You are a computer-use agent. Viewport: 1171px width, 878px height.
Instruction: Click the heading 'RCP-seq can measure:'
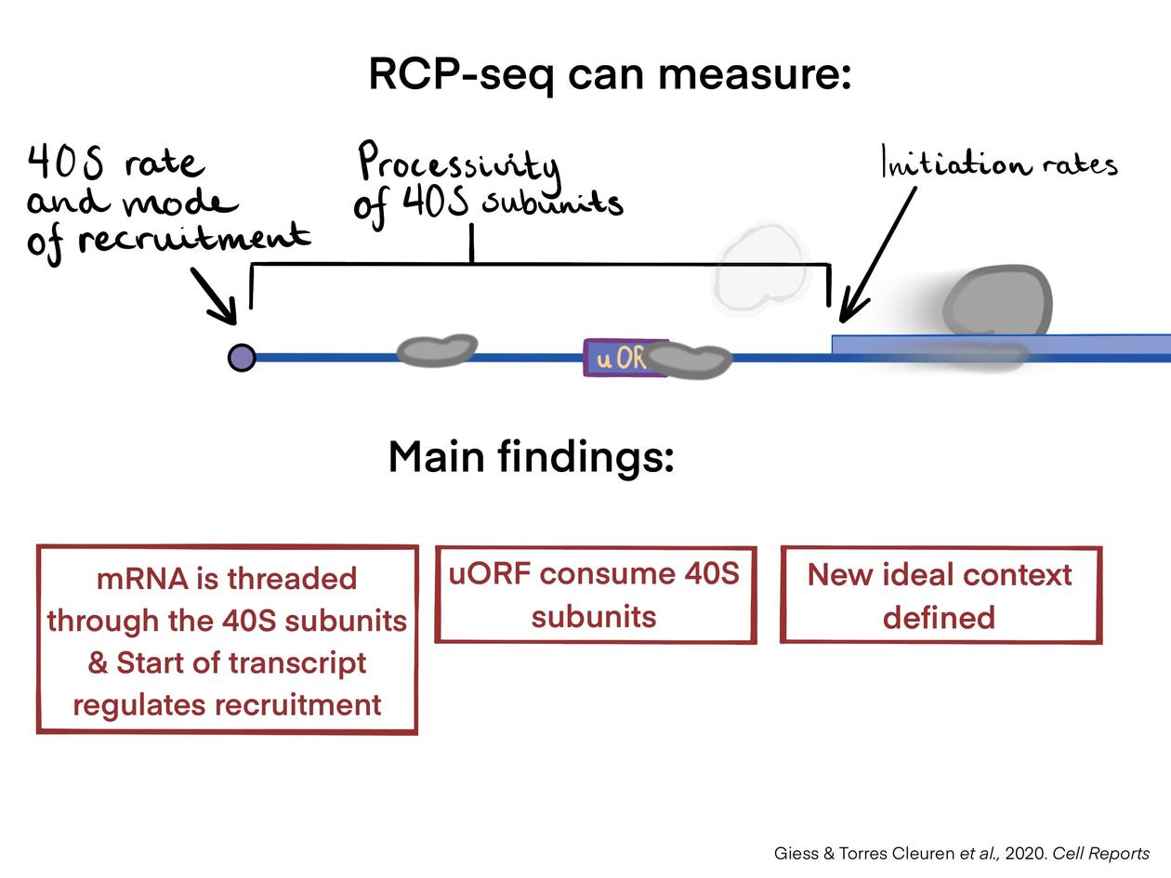point(610,73)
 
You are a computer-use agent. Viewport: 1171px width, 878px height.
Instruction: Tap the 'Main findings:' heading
point(531,456)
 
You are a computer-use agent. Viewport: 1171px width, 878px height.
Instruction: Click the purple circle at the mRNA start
point(242,357)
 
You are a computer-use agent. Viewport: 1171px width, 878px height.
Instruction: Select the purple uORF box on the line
point(614,358)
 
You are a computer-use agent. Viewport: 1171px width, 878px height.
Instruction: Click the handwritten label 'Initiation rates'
point(998,165)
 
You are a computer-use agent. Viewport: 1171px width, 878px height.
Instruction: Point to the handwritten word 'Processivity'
point(459,164)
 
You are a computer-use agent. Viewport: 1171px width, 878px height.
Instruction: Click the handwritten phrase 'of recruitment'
point(168,239)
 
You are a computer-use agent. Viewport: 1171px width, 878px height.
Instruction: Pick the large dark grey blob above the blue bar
point(997,301)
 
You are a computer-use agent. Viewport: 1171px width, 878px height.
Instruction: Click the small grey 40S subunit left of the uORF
point(436,349)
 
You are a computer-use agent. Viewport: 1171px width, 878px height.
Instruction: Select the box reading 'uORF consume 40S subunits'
point(595,595)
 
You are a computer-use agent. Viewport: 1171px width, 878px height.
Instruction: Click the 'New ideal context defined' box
point(940,595)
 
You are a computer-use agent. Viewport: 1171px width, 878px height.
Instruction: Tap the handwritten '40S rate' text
point(115,163)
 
